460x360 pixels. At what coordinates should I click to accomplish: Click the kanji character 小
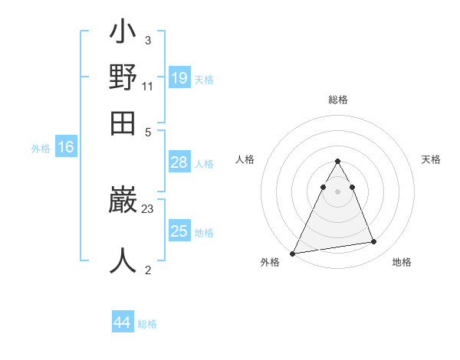click(123, 34)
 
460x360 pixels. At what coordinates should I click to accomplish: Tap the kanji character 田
click(123, 123)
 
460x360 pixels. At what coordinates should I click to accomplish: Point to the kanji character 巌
click(123, 201)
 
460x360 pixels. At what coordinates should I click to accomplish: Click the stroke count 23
click(148, 208)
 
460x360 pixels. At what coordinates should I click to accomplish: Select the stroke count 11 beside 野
click(148, 86)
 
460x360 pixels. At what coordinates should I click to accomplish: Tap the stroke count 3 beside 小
click(147, 40)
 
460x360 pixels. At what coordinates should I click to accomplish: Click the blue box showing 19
click(179, 77)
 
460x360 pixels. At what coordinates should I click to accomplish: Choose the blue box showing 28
click(179, 162)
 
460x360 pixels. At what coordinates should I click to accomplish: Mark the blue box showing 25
click(179, 231)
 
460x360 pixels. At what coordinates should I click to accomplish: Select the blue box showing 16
click(66, 148)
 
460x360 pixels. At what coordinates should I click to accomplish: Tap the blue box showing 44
click(123, 322)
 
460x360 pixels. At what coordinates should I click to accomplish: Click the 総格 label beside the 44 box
click(147, 324)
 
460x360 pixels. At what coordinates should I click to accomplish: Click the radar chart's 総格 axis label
click(338, 100)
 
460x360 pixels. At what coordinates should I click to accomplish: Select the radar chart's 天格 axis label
click(432, 159)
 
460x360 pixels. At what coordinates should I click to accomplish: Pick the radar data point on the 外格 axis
click(293, 253)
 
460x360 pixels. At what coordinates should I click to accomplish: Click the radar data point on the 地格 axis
click(374, 242)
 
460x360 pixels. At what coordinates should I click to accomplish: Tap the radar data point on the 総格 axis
click(337, 162)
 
